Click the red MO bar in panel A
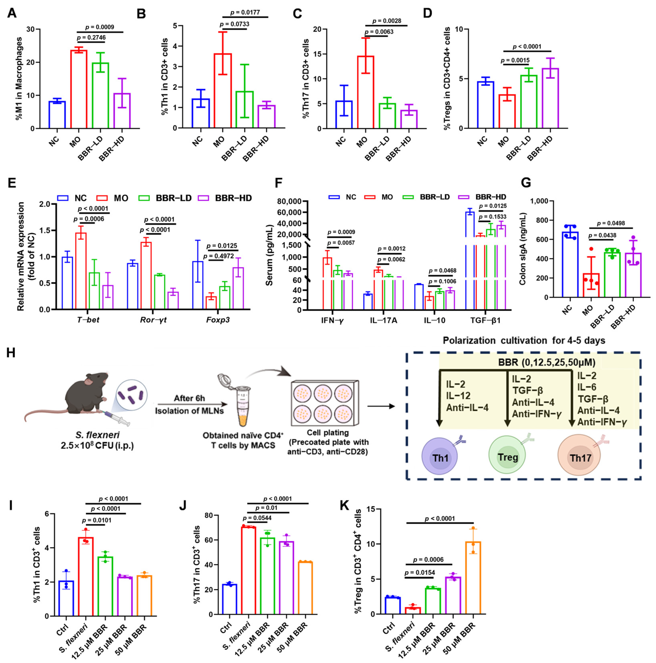tap(79, 89)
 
